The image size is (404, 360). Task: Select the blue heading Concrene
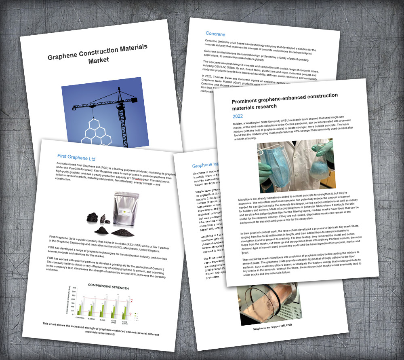[215, 34]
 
